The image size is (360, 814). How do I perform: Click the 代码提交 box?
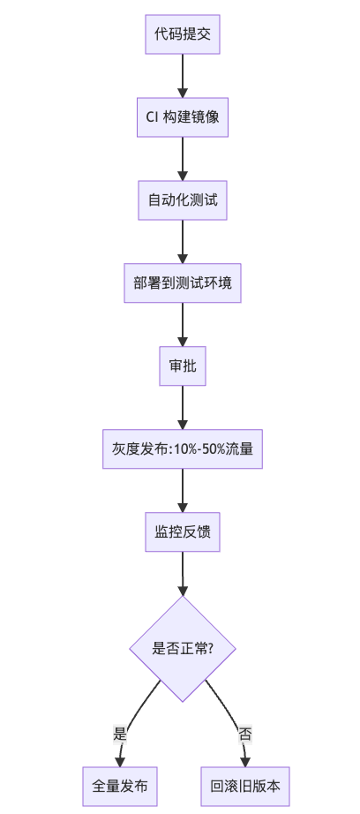[x=183, y=34]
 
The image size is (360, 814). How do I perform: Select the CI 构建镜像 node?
[x=183, y=117]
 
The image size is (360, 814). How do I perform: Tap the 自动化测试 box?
[x=183, y=200]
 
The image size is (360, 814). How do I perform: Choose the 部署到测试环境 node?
[x=183, y=283]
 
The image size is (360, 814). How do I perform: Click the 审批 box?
[x=183, y=366]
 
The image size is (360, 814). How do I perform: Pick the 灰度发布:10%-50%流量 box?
[x=183, y=448]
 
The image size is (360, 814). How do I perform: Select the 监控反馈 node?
[x=183, y=531]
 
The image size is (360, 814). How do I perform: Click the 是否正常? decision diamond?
[x=183, y=648]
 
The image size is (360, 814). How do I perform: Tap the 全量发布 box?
[x=120, y=785]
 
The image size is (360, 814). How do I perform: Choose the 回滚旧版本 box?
[x=245, y=785]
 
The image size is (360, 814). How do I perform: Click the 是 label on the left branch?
[x=121, y=734]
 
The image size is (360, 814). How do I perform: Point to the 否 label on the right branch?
[x=244, y=734]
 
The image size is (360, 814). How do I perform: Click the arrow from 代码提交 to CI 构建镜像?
[x=183, y=75]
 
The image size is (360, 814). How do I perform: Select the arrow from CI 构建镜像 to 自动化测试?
[x=183, y=158]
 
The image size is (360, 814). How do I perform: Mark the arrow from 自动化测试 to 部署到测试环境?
[x=183, y=241]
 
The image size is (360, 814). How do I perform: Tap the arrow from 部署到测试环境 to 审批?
[x=183, y=324]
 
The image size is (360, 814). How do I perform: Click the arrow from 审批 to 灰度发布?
[x=183, y=407]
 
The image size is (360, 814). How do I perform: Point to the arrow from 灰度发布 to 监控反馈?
[x=183, y=490]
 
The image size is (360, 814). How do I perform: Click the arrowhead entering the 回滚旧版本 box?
[x=245, y=758]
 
